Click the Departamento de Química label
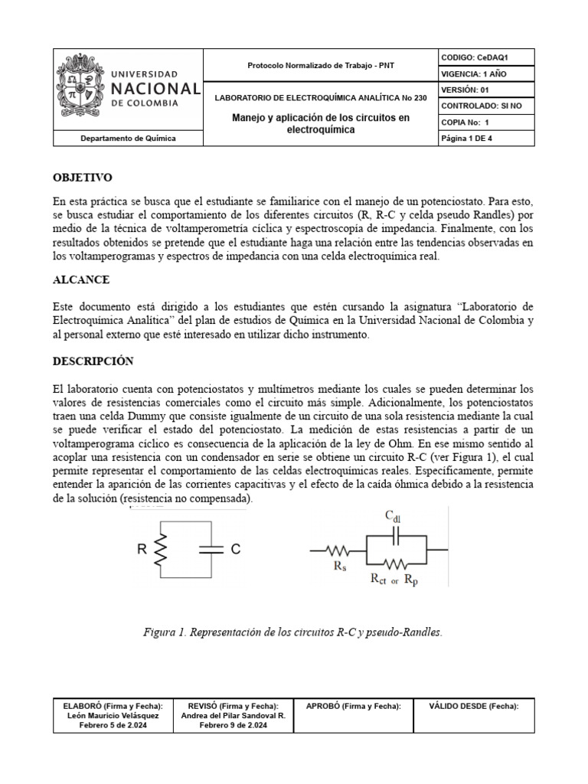coord(128,139)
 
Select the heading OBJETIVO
coord(83,177)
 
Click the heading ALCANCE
coord(81,279)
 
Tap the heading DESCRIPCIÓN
coord(93,360)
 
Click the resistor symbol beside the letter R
coord(160,549)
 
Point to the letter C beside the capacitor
coord(236,548)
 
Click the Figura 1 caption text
coord(293,632)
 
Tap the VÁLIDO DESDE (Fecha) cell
coord(474,706)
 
